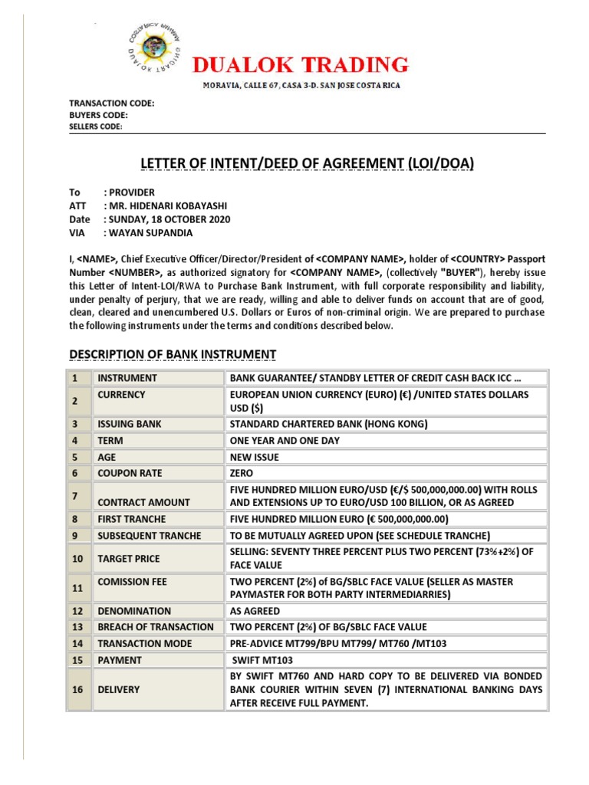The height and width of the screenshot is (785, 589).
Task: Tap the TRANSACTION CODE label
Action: point(112,103)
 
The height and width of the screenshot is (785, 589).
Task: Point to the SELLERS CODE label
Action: point(96,126)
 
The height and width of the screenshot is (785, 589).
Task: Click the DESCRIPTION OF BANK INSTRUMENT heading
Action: point(173,353)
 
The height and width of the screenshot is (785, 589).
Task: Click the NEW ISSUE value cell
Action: point(255,457)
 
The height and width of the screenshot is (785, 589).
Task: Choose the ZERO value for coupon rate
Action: point(242,474)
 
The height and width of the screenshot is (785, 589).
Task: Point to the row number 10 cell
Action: point(77,559)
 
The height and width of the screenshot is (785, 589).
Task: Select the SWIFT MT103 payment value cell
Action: point(265,659)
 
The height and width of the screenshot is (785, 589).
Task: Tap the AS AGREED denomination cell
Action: point(255,610)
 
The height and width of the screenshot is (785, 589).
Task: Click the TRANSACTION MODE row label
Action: point(144,643)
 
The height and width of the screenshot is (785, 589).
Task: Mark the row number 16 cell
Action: point(77,689)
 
